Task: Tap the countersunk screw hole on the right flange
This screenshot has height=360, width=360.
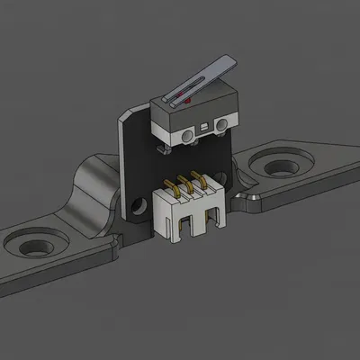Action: (270, 165)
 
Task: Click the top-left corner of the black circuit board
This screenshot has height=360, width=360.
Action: (125, 113)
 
